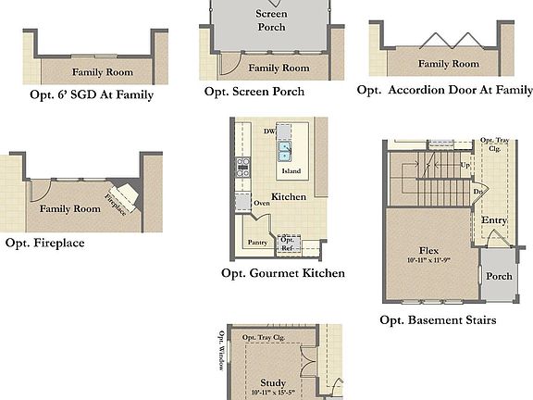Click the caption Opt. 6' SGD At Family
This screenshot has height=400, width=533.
(x=89, y=94)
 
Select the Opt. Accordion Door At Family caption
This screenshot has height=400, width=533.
(x=445, y=90)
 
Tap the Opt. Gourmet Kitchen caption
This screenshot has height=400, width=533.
(x=283, y=273)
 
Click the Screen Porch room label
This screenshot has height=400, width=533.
(x=271, y=20)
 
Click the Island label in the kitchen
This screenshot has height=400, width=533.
(x=291, y=171)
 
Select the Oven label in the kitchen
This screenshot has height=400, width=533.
(x=262, y=203)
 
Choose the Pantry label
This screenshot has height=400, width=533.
(x=257, y=243)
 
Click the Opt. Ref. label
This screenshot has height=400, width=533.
(x=287, y=244)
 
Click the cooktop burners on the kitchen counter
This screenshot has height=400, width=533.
(x=243, y=168)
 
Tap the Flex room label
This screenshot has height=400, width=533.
(x=428, y=250)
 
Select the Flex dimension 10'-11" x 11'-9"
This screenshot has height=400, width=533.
(x=428, y=260)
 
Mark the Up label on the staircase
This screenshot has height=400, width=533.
(x=465, y=165)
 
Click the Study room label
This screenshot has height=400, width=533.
(x=273, y=382)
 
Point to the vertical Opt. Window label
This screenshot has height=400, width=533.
(x=222, y=350)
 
